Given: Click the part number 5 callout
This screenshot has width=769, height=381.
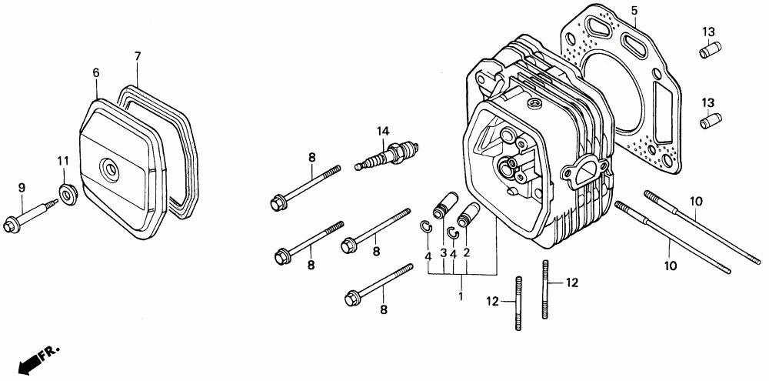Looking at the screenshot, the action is (x=634, y=10).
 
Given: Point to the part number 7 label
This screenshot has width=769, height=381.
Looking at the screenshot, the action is (x=137, y=56).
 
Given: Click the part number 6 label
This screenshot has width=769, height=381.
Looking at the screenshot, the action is (x=96, y=72).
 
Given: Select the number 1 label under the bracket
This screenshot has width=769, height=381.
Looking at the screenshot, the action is (x=461, y=296).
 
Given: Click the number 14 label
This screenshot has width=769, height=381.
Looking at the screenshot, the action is (x=382, y=131).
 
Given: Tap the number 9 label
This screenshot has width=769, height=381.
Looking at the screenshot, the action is (x=22, y=187).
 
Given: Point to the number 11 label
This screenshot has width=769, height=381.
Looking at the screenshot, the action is (x=64, y=160).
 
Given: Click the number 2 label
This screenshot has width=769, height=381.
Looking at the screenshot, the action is (x=466, y=252).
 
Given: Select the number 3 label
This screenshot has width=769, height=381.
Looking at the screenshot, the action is (x=444, y=252).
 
